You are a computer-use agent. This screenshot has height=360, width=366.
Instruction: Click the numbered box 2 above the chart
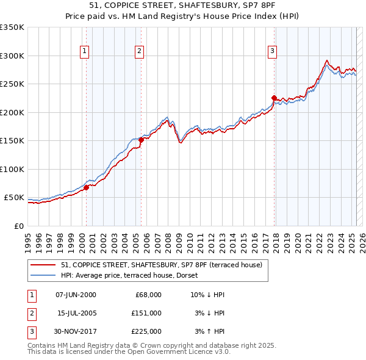click(x=140, y=51)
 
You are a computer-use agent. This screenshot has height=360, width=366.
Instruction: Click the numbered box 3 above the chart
click(x=272, y=51)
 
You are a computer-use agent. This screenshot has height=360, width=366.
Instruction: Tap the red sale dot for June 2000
click(x=86, y=187)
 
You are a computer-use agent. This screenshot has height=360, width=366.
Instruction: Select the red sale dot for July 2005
click(x=141, y=140)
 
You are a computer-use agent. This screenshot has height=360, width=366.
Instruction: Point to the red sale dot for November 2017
click(x=274, y=98)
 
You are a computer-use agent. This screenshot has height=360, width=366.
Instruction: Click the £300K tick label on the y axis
click(x=12, y=56)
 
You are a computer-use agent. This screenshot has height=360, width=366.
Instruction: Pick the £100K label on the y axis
click(x=12, y=169)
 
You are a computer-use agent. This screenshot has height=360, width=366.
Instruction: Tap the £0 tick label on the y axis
click(x=19, y=226)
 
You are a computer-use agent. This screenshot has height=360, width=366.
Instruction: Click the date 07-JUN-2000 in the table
click(x=76, y=295)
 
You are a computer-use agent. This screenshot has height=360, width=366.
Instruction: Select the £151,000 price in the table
click(x=147, y=313)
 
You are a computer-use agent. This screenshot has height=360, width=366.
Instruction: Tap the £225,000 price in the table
click(x=147, y=331)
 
